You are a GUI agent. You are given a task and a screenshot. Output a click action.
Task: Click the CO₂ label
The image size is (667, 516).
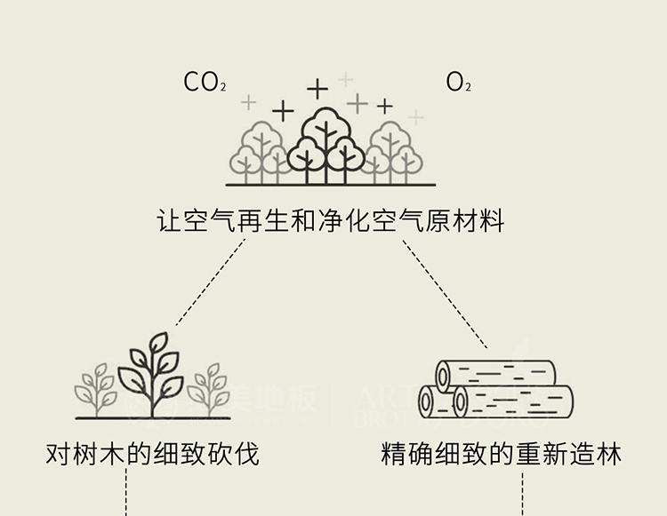tap(205, 83)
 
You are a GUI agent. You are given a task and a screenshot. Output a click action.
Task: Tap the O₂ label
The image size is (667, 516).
tap(458, 83)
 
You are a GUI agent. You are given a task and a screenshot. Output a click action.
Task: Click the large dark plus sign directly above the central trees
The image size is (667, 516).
tap(317, 89)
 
